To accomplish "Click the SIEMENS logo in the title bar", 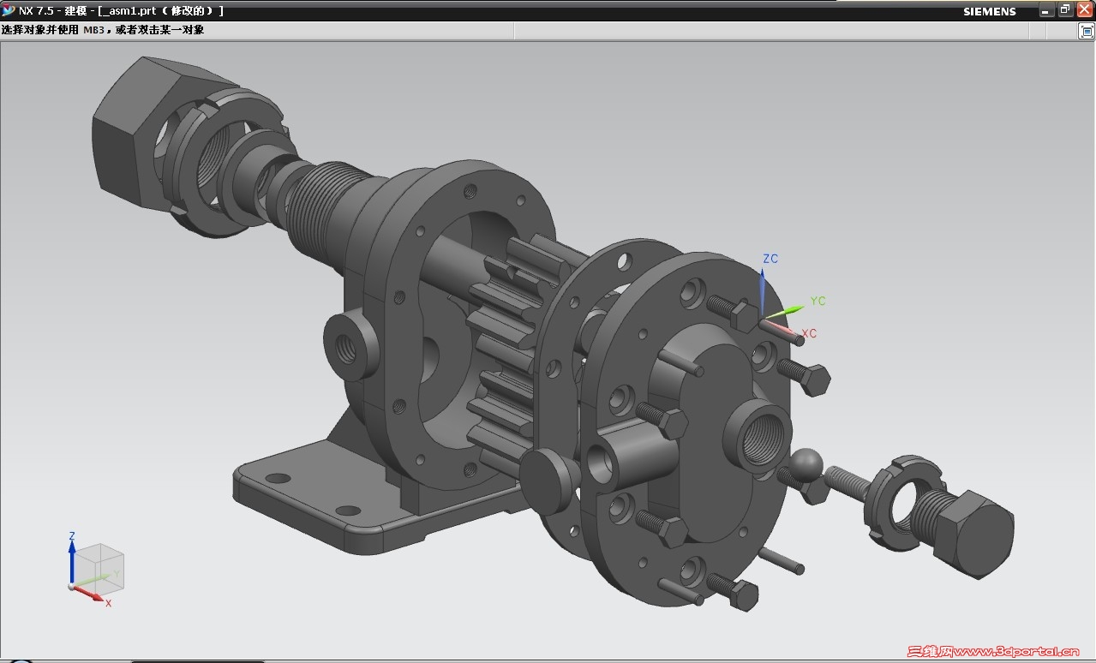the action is (x=990, y=11).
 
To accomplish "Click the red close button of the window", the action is (x=1084, y=9).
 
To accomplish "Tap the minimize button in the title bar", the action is (x=1045, y=11).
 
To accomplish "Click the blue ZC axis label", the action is (x=770, y=259).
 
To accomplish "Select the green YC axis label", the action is (x=818, y=301).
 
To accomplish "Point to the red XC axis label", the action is (x=809, y=333).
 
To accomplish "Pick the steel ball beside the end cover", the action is (x=806, y=464).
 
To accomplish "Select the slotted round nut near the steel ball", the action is (x=904, y=504).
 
